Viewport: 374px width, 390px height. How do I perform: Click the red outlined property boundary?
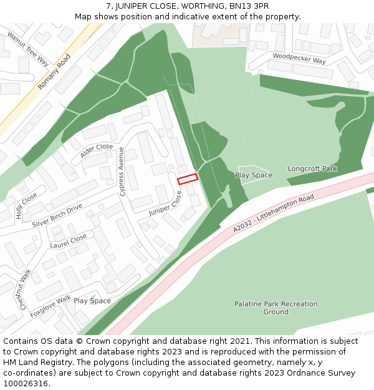click(x=188, y=178)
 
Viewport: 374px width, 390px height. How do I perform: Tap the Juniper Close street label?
click(x=165, y=203)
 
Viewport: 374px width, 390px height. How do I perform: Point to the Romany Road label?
click(x=54, y=71)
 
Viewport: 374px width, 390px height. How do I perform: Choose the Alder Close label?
click(x=97, y=150)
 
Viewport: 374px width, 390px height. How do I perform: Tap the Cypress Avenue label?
click(x=122, y=172)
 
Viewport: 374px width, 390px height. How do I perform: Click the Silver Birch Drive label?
click(x=57, y=215)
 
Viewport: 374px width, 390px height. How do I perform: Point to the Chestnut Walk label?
click(x=25, y=289)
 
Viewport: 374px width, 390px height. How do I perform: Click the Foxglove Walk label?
click(x=50, y=306)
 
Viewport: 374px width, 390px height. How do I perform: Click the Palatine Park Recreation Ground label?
click(x=276, y=308)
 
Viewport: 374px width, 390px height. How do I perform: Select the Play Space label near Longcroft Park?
click(x=254, y=175)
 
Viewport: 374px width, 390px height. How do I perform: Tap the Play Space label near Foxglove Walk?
click(x=92, y=301)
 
